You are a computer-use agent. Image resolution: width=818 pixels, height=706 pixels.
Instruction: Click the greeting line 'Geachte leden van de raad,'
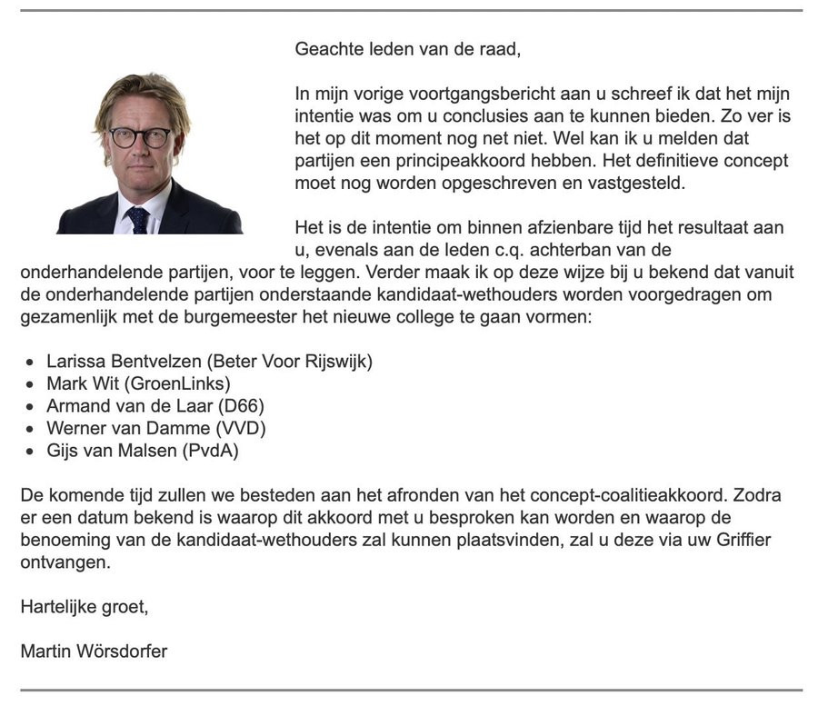407,49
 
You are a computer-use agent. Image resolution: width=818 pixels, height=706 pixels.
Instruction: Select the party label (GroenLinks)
186,383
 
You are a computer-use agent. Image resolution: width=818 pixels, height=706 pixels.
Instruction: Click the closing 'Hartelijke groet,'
84,606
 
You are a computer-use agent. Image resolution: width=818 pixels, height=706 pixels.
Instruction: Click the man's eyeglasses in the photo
140,138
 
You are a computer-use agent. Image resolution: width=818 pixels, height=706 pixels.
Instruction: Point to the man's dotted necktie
138,219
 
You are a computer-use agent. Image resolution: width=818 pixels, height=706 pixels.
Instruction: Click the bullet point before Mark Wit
31,383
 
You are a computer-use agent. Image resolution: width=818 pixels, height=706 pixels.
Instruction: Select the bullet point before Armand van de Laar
31,406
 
